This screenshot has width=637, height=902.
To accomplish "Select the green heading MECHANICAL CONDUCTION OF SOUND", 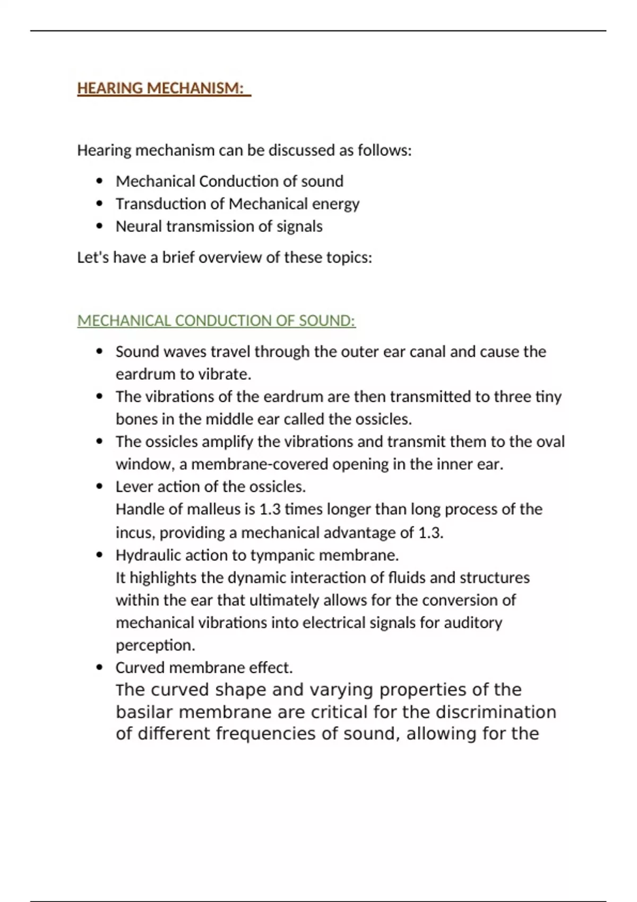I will coord(216,321).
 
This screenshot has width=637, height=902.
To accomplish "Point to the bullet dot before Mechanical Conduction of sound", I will coord(99,181).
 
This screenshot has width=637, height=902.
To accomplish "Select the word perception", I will coord(155,645).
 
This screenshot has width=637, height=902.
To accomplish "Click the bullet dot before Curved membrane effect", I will coord(99,667).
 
